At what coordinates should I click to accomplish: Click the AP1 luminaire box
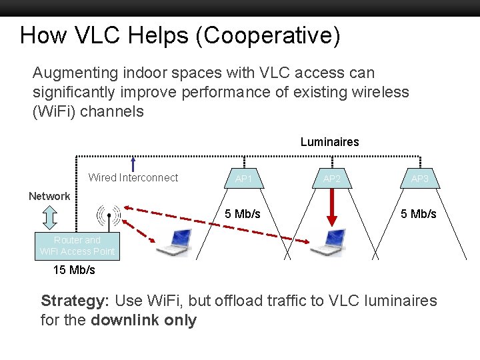tap(243, 179)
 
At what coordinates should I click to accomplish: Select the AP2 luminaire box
tap(332, 179)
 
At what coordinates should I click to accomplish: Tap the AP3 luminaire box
tap(420, 179)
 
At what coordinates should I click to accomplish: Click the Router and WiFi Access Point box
tap(77, 245)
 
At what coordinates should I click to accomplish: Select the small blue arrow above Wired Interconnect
tap(134, 164)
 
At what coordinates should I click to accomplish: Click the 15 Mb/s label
tap(74, 270)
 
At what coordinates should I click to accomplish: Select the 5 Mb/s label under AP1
tap(243, 214)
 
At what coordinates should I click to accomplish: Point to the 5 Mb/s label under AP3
tap(419, 214)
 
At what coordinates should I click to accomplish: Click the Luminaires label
tap(329, 142)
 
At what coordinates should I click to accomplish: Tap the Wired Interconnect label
tap(133, 177)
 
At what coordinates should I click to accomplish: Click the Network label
tap(49, 196)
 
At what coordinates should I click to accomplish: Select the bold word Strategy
tap(69, 301)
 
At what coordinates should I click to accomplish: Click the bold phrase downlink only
tap(144, 320)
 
